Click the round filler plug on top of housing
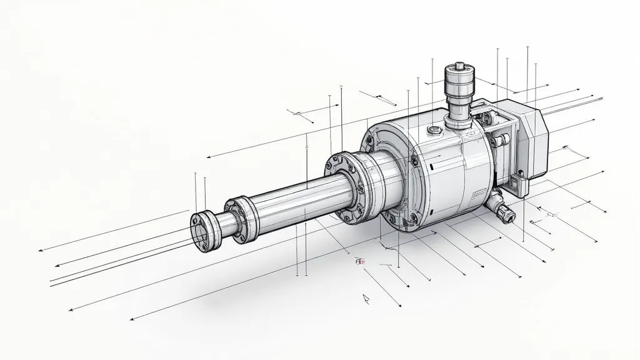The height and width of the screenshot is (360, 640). pos(433,129)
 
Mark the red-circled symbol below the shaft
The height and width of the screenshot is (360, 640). pos(359,262)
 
